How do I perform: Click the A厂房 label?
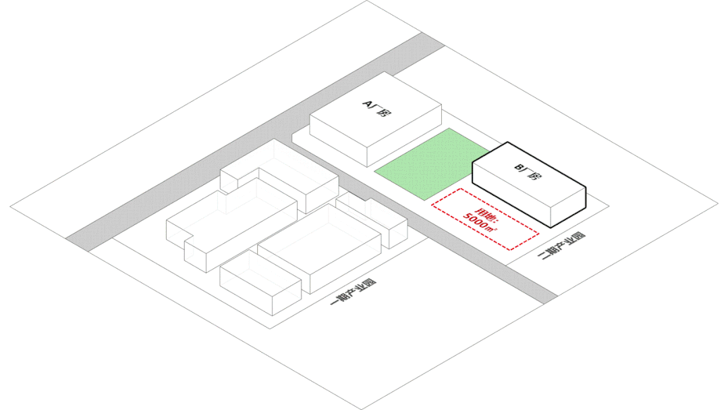tap(376, 107)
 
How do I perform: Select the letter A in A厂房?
tap(368, 103)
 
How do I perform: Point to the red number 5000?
tap(477, 221)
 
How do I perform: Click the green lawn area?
tap(432, 163)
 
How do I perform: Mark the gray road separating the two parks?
tap(432, 230)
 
